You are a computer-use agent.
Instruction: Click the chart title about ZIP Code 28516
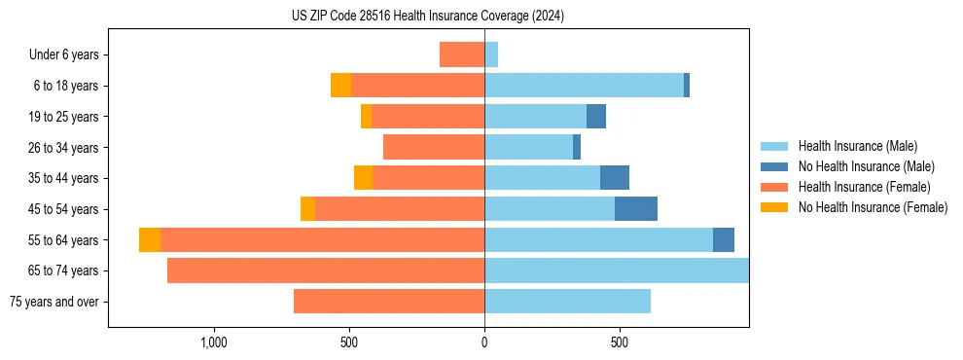(x=428, y=17)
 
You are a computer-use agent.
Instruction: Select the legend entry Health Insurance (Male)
(x=857, y=146)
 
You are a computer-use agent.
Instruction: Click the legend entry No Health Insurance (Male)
(x=866, y=166)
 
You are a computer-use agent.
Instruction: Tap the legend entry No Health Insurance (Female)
(x=873, y=207)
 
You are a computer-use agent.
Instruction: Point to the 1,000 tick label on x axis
(x=214, y=342)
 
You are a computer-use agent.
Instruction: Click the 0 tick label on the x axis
(x=484, y=342)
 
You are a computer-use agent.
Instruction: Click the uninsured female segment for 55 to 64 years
(x=150, y=240)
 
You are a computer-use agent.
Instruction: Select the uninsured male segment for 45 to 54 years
(x=636, y=209)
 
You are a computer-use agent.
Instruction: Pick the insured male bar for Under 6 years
(x=491, y=54)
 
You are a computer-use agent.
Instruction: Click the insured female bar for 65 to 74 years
(x=326, y=270)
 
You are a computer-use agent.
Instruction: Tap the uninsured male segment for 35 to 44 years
(x=615, y=178)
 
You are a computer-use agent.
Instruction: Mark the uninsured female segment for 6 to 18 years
(x=340, y=86)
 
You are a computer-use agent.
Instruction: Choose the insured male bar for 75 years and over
(x=567, y=302)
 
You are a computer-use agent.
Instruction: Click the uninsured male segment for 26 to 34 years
(x=577, y=147)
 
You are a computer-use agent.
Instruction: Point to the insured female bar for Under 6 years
(x=462, y=54)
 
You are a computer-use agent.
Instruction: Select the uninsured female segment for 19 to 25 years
(x=366, y=117)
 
